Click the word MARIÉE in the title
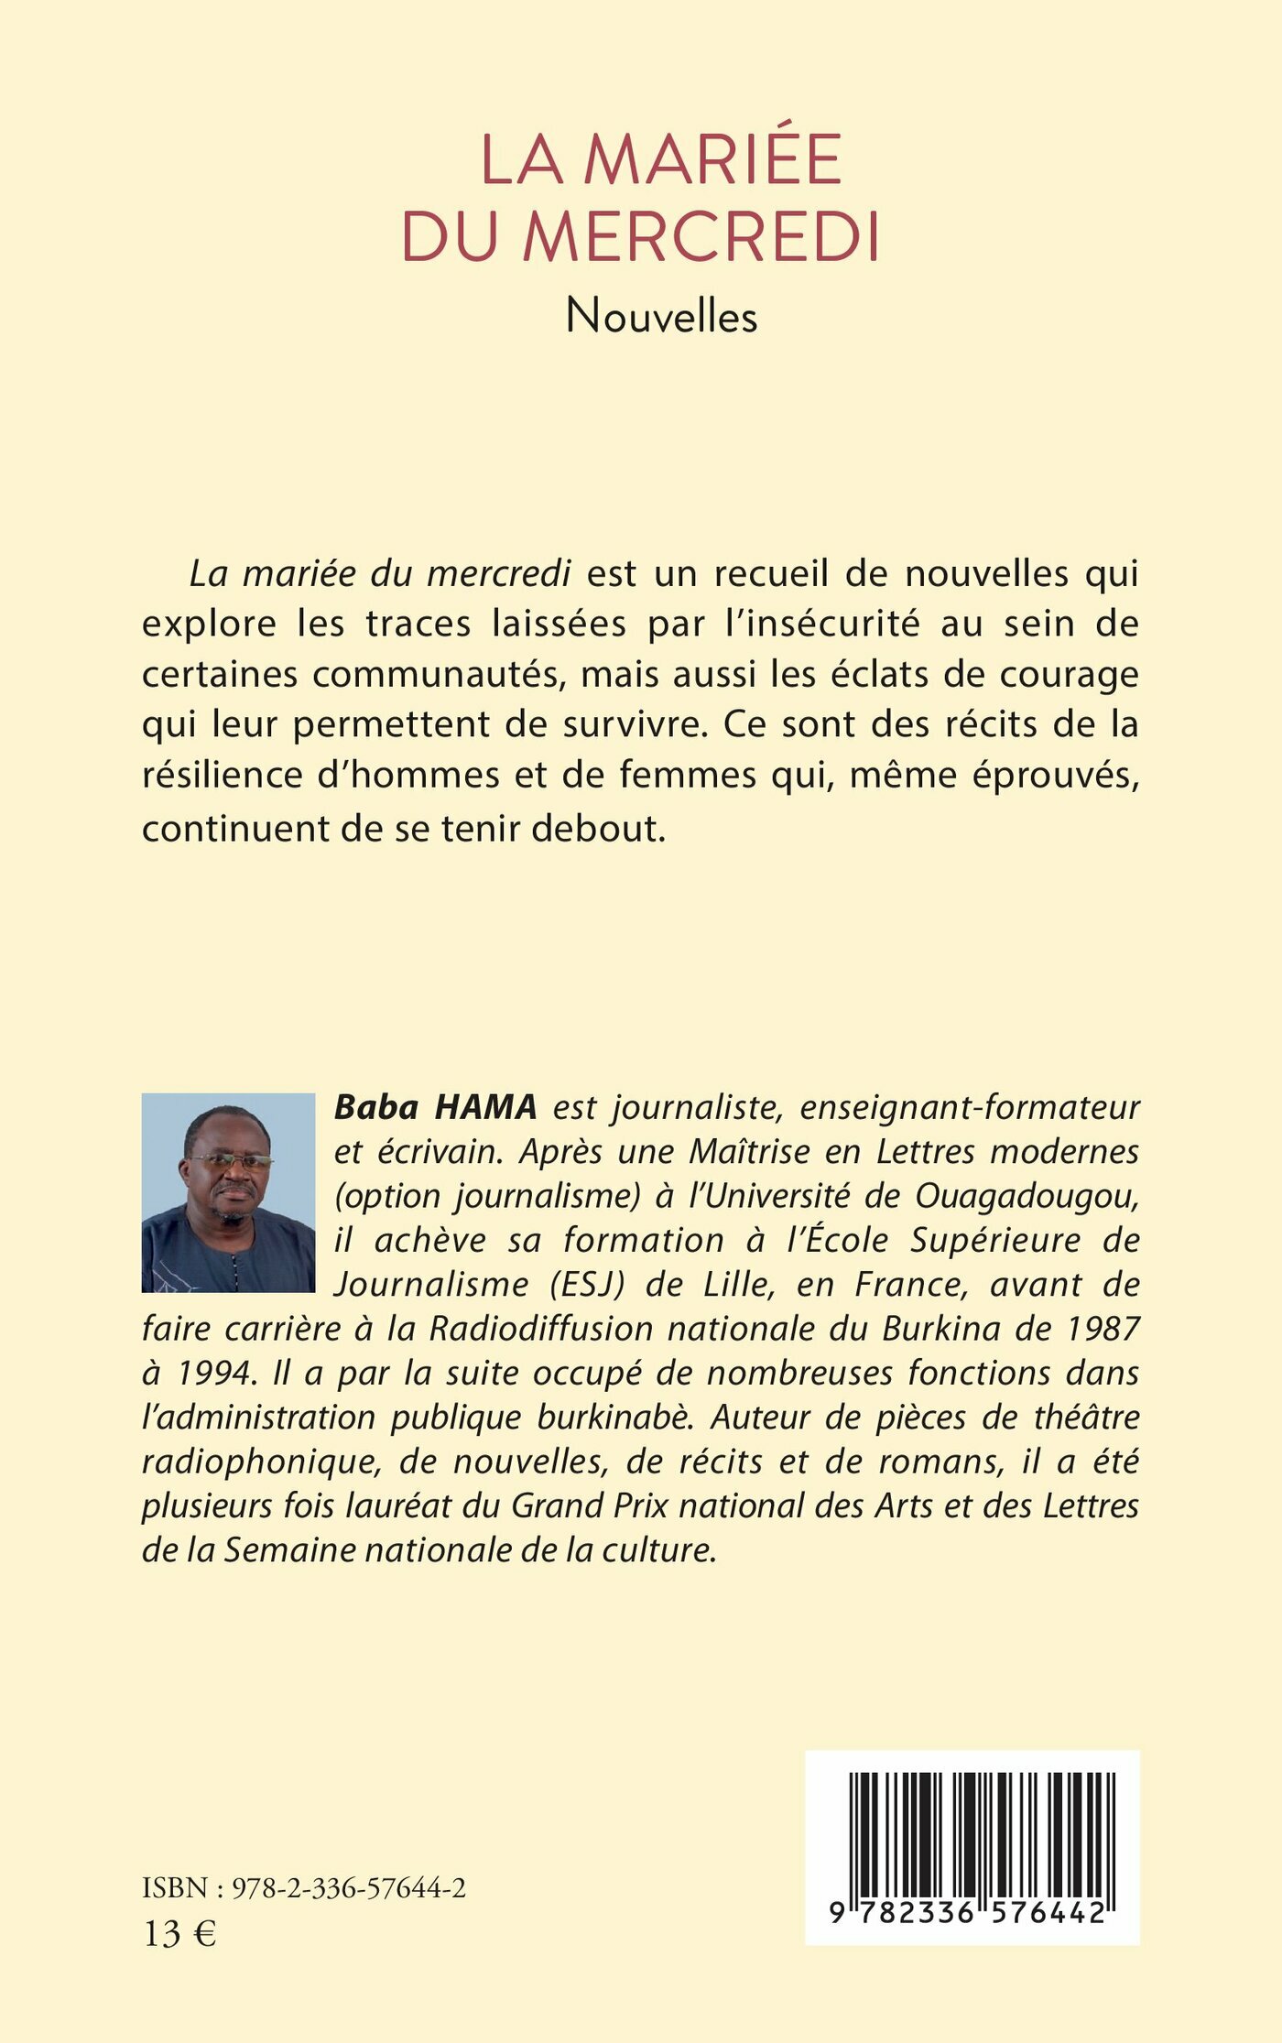click(x=712, y=160)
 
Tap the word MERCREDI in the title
click(x=701, y=238)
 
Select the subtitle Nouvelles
click(x=661, y=318)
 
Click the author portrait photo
click(x=228, y=1192)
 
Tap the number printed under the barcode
click(x=972, y=1913)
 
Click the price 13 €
click(x=180, y=1934)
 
